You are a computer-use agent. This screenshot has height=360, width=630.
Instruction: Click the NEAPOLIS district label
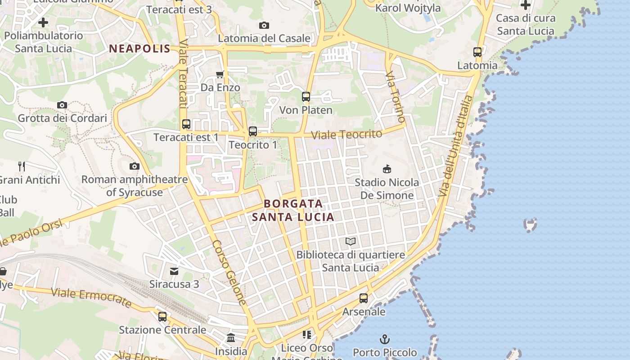pos(140,49)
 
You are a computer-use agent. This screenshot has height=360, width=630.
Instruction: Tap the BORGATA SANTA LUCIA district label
pos(293,210)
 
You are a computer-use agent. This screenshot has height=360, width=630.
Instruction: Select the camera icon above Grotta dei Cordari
pos(62,105)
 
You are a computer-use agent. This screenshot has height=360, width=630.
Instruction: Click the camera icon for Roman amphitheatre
pos(134,166)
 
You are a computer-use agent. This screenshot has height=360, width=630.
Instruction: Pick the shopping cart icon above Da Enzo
pos(220,74)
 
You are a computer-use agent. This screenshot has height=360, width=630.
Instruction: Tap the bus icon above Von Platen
pos(306,96)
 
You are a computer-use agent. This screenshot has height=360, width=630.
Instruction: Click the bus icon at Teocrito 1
pos(253,131)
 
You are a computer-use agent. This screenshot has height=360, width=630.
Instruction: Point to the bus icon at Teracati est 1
pos(186,124)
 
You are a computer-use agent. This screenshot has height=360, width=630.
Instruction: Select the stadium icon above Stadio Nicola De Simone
pos(387,169)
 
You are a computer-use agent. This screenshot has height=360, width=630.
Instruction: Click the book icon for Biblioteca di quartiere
pos(351,242)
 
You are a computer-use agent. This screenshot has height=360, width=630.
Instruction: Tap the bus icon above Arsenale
pos(364,298)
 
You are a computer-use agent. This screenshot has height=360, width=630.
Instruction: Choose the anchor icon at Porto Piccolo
pos(385,339)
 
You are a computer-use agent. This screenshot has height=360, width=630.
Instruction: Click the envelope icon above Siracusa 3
pos(174,271)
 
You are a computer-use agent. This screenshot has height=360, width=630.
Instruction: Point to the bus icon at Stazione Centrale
pos(162,316)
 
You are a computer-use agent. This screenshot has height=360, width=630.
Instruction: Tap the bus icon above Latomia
pos(477,52)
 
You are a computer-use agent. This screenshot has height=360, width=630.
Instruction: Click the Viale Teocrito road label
pos(346,134)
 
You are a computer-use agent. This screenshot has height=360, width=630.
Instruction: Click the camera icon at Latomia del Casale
pos(264,25)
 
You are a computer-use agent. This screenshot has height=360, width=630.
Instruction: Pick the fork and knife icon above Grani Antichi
pos(21,166)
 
